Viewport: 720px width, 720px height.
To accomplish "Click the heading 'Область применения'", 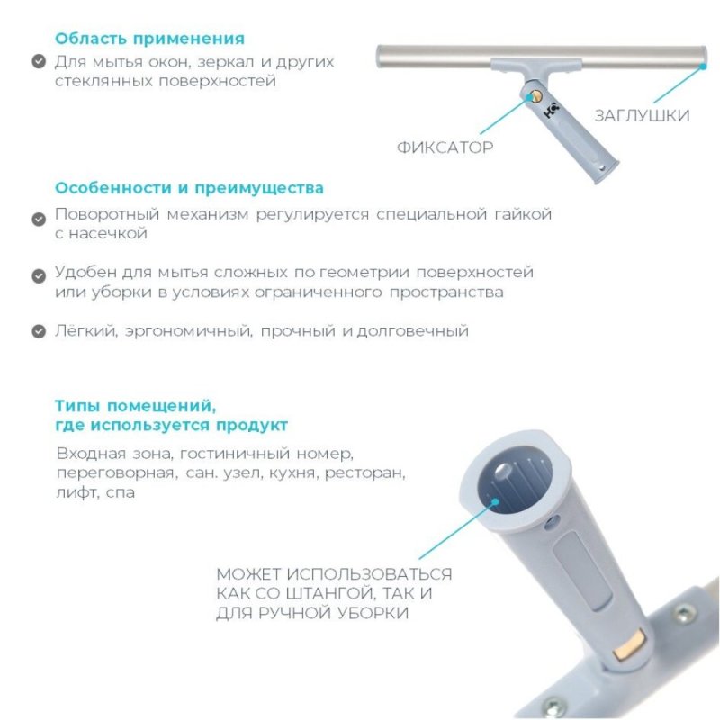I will pos(149,39).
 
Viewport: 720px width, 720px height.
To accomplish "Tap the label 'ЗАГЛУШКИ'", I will pos(642,115).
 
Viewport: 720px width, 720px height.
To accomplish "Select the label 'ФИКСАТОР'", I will pos(445,147).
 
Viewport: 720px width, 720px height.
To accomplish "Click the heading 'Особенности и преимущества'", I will pos(189,189).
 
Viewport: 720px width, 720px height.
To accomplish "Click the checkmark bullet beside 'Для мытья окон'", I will pos(38,62).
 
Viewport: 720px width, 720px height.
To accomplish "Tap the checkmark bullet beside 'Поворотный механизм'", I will pos(38,219).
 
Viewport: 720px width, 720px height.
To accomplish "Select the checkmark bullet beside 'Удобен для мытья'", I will pos(38,274).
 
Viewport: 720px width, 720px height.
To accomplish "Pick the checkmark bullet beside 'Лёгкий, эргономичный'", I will pos(38,331).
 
